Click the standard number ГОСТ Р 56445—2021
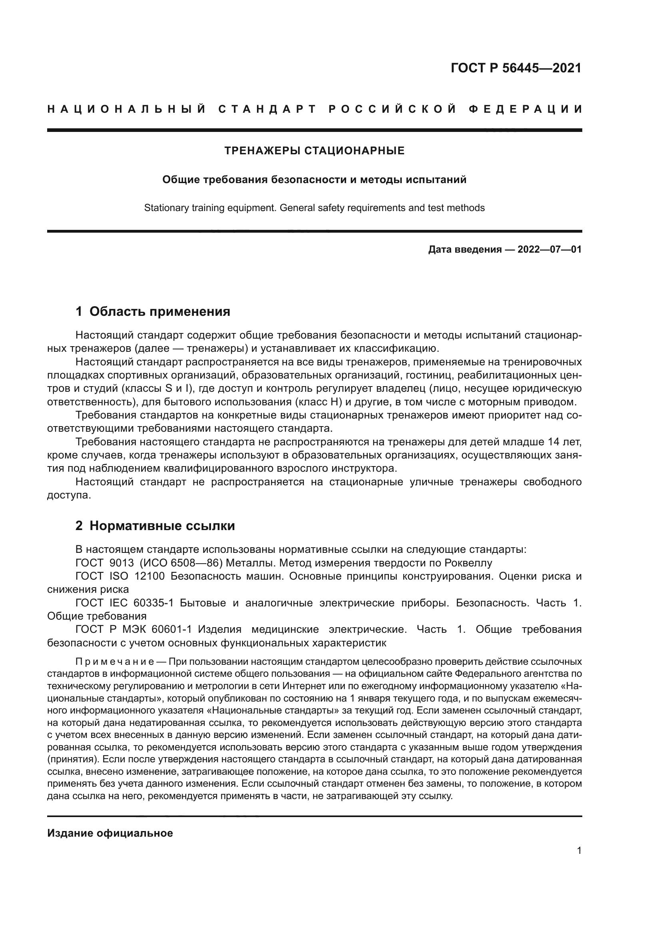(x=516, y=68)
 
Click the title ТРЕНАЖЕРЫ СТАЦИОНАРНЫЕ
(x=314, y=151)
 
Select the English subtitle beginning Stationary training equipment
(x=314, y=208)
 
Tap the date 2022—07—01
(x=550, y=249)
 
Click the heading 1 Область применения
(x=153, y=311)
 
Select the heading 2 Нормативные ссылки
(x=155, y=526)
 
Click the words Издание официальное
(x=110, y=833)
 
